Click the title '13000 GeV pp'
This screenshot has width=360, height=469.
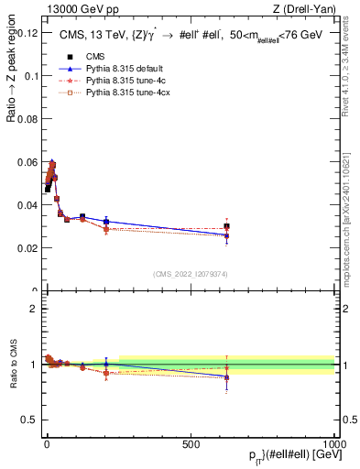point(76,8)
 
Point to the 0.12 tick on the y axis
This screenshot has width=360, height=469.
point(27,32)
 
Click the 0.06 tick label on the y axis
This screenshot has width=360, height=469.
point(27,162)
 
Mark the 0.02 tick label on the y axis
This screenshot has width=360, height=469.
point(27,248)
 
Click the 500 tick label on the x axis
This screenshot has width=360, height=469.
point(191,443)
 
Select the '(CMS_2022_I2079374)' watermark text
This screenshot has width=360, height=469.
point(191,273)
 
